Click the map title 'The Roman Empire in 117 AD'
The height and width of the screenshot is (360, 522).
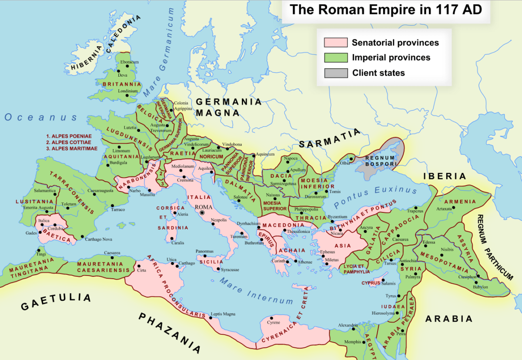tap(386, 10)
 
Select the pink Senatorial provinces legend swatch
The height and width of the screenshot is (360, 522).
tap(335, 43)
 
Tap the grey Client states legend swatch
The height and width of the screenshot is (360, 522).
tap(335, 73)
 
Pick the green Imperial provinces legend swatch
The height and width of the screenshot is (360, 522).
tap(335, 58)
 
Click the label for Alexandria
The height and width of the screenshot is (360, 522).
tap(348, 325)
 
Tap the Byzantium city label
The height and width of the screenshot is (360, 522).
tap(338, 216)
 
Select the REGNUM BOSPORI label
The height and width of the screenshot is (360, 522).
tap(380, 161)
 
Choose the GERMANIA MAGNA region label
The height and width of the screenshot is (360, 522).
tap(228, 107)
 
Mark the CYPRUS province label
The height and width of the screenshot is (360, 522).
tap(371, 283)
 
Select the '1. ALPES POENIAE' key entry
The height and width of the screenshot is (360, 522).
tap(69, 136)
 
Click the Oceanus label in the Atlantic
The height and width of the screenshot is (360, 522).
tap(41, 117)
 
